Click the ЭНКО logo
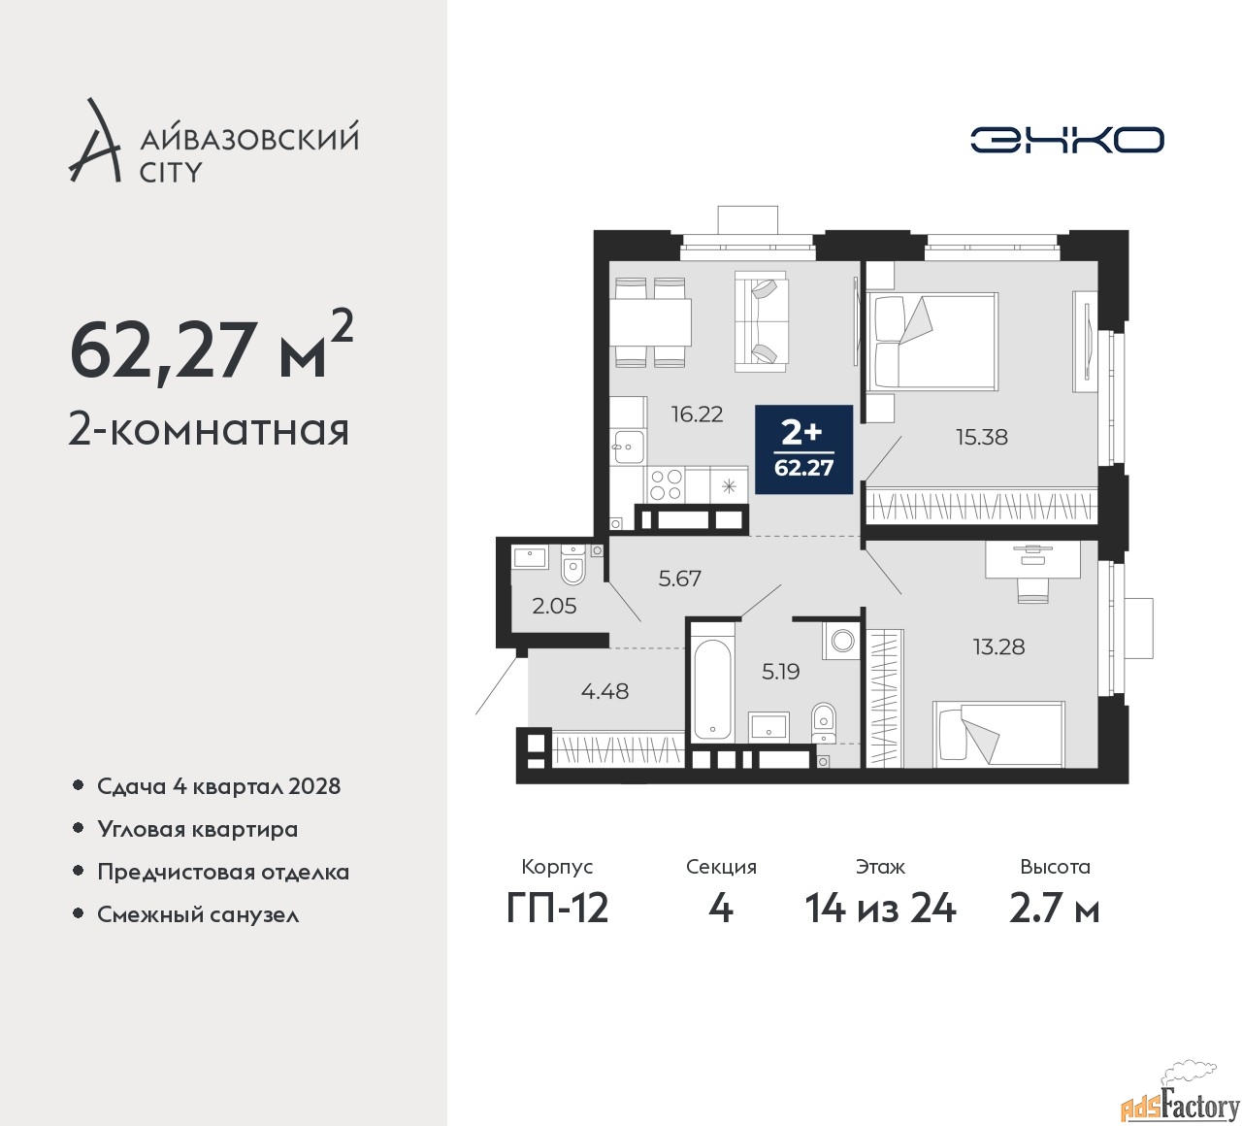click(x=1066, y=140)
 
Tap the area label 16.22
click(x=697, y=414)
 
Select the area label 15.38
click(x=981, y=437)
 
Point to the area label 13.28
click(x=998, y=646)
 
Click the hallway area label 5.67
click(x=679, y=579)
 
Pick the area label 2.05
click(x=554, y=606)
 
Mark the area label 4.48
click(x=605, y=691)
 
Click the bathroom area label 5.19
click(x=780, y=671)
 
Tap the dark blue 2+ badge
click(x=803, y=449)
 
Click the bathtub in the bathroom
click(x=713, y=684)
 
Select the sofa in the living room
click(x=762, y=320)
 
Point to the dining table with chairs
click(x=651, y=321)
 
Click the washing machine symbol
click(x=842, y=641)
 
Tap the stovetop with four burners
click(x=666, y=483)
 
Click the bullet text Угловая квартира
click(x=197, y=829)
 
